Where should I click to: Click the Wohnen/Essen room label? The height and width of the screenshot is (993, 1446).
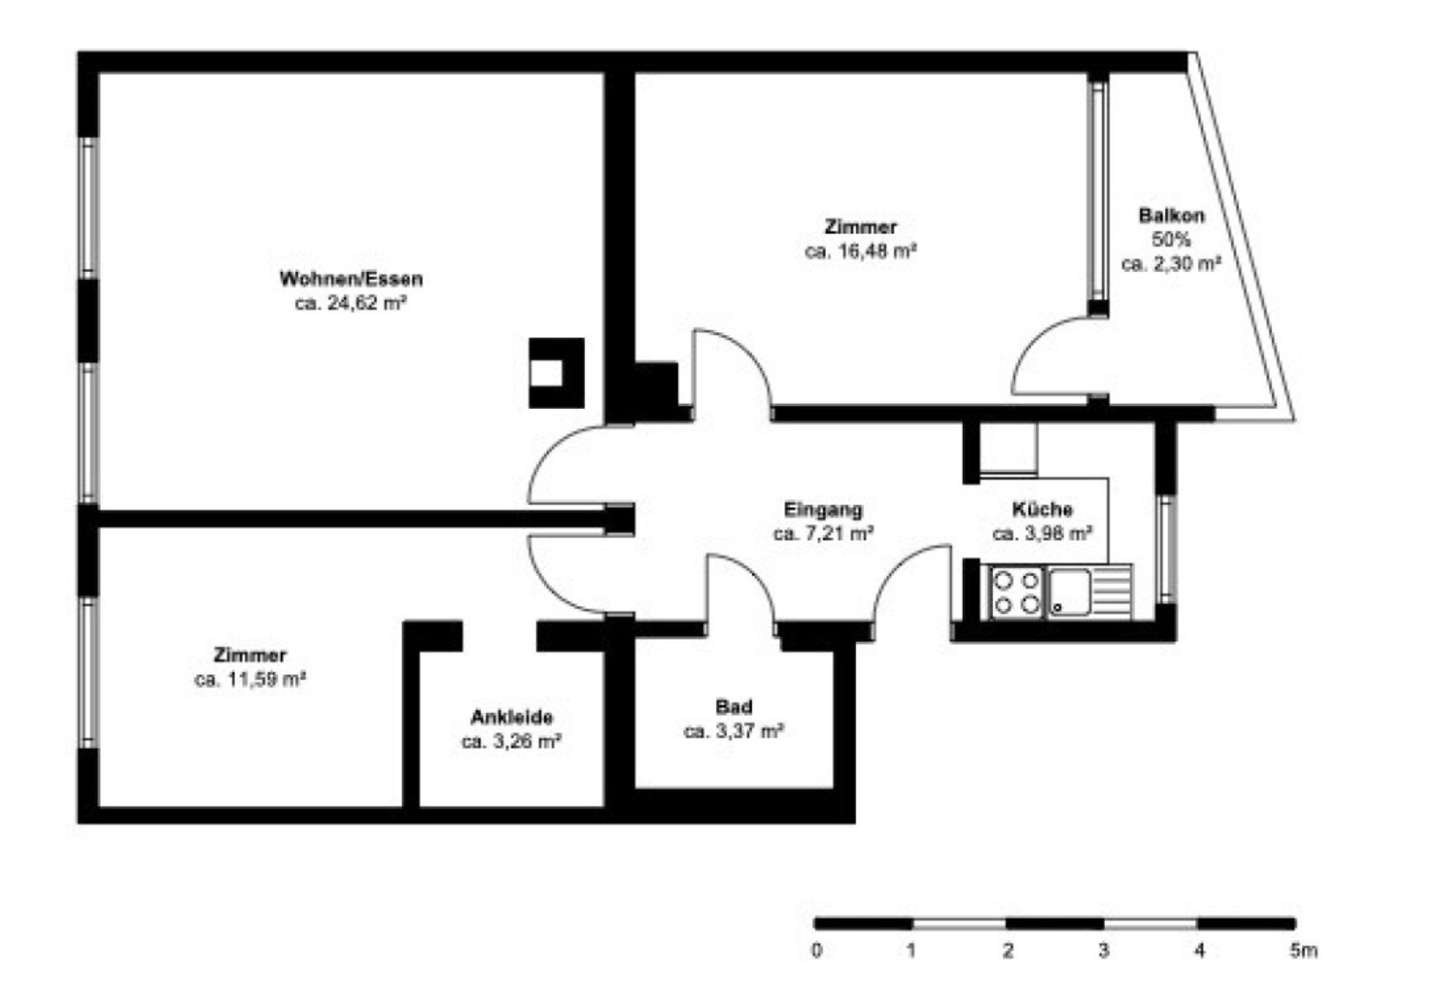(x=352, y=279)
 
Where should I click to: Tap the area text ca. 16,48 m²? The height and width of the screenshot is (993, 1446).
(x=860, y=252)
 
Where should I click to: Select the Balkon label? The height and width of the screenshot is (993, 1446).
(x=1171, y=215)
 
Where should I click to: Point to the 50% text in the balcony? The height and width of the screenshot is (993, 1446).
(x=1171, y=239)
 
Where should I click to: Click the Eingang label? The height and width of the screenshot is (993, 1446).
(x=823, y=510)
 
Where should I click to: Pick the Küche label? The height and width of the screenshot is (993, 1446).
(x=1042, y=510)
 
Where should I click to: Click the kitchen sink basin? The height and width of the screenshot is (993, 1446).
(x=1069, y=591)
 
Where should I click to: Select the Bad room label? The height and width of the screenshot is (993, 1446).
(x=734, y=707)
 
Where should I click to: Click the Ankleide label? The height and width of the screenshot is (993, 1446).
(x=511, y=716)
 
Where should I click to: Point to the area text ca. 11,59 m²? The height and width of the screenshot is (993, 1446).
(x=250, y=679)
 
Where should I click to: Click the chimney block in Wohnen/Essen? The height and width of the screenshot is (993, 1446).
(x=556, y=373)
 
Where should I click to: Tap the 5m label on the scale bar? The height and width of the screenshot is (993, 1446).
(x=1303, y=951)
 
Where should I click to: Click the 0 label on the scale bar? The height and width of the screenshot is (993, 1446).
(x=816, y=951)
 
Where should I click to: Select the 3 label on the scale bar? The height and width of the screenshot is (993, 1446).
(x=1104, y=951)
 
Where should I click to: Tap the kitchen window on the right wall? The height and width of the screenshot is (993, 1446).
(x=1166, y=549)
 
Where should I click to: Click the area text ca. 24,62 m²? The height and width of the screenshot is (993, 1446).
(x=351, y=303)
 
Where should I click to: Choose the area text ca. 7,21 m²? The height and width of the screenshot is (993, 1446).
(x=824, y=534)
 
